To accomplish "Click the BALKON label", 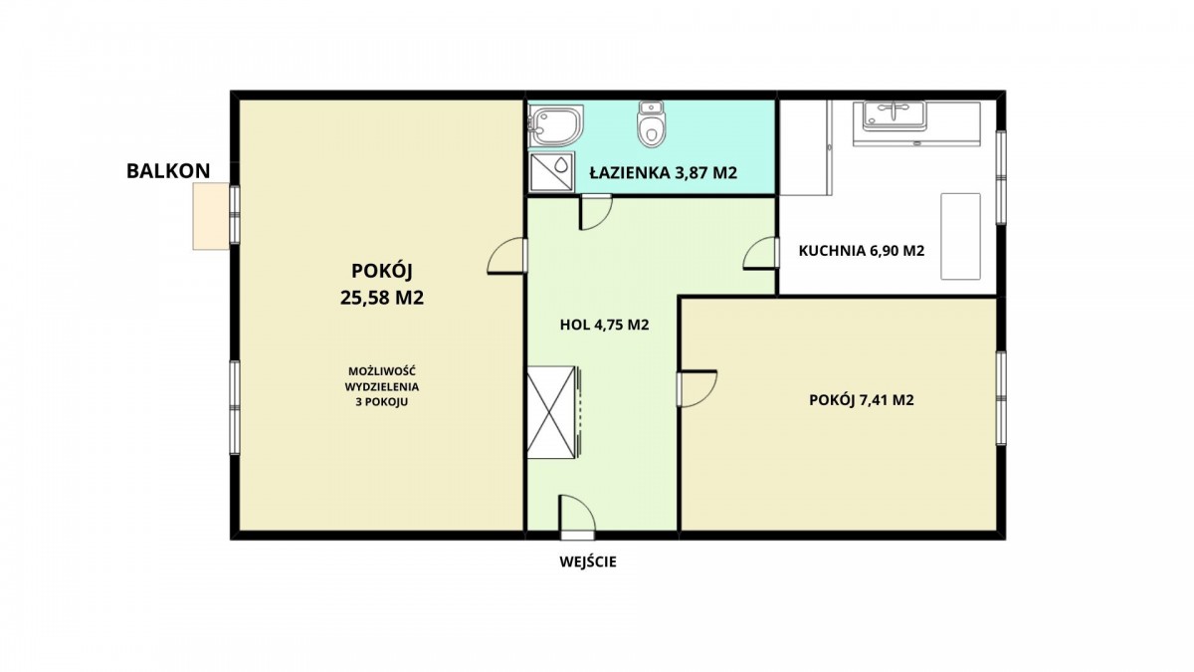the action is (168, 171).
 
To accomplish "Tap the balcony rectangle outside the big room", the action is (211, 216).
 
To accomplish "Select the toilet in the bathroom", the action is (652, 123).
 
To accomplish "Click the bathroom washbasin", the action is (556, 125).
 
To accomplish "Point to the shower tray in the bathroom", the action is (551, 171).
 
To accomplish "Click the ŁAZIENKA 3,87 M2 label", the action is (663, 173).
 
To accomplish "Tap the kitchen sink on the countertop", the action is (895, 115).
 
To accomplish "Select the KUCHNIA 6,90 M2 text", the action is (862, 251).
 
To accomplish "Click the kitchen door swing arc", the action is (752, 247).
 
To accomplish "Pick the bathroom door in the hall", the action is (595, 212).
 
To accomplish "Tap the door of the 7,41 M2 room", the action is (696, 389).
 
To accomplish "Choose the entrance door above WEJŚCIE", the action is (577, 517).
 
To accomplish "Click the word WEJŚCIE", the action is (588, 561).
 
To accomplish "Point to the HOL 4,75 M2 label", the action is (605, 325).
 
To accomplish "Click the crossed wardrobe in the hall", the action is (551, 412).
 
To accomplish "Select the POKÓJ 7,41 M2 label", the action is (862, 400).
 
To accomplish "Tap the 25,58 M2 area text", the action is (382, 298).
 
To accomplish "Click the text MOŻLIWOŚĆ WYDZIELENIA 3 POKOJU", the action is (382, 386).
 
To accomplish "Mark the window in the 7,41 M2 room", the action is (1002, 398).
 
